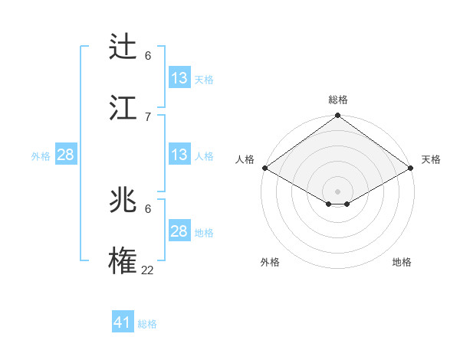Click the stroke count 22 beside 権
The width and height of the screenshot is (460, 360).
point(147,269)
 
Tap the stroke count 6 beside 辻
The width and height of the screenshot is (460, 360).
point(148,55)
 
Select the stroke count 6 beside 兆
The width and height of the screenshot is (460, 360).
point(148,208)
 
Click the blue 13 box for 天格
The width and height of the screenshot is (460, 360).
point(179,78)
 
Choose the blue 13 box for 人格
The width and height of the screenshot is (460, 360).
point(179,155)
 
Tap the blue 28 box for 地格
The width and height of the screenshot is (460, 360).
point(179,231)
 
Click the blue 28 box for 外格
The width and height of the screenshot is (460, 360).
point(66,155)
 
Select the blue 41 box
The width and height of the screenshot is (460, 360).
point(123,322)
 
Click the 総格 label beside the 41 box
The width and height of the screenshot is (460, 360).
point(147,324)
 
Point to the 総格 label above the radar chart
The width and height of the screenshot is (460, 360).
point(338,100)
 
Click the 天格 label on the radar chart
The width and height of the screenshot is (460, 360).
point(431,159)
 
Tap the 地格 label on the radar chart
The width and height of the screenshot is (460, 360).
point(402,262)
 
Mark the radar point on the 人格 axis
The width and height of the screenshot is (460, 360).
point(264,167)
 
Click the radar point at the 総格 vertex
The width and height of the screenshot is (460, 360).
point(338,116)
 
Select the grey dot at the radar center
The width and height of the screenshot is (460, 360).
point(338,190)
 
